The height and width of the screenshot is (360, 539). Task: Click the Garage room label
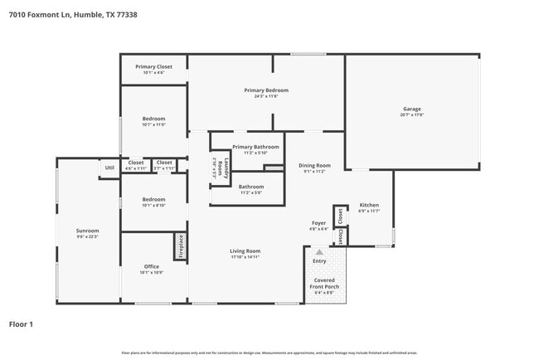pos(412,109)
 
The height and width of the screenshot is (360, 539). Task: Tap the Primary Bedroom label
pos(265,90)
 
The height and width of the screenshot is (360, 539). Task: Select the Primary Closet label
pos(153,66)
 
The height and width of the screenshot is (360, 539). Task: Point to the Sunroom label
pos(87,231)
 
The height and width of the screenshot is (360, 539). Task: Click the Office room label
pos(152,266)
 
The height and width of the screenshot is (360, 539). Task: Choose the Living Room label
pos(245,251)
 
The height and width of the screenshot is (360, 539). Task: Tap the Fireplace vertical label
pos(179,246)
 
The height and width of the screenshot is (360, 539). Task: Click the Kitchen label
pos(369,204)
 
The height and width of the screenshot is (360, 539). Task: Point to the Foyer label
pos(318,222)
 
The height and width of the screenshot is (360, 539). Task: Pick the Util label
pos(109,168)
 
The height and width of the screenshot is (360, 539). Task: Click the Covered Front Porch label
pos(324,284)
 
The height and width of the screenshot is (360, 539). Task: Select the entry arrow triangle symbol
pos(319,251)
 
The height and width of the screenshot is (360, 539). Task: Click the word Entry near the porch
pos(319,261)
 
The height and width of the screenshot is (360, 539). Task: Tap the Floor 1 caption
pos(21,324)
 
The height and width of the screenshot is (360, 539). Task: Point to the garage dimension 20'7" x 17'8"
pos(412,115)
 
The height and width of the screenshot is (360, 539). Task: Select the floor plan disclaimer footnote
pos(269,353)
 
